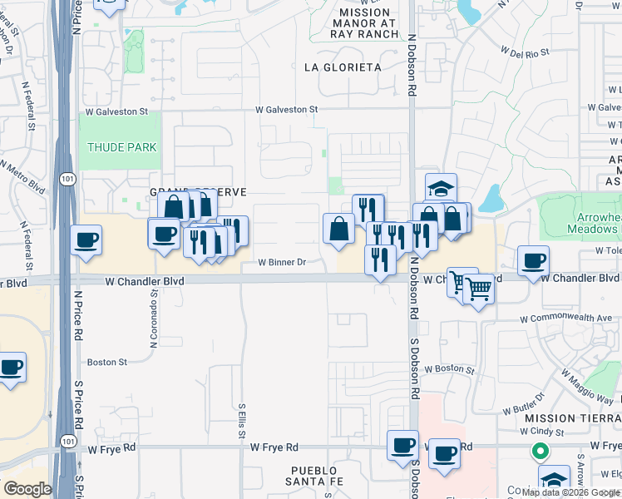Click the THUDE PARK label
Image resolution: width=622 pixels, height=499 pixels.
pos(122,147)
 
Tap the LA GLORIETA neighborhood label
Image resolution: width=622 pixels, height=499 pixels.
pos(343,67)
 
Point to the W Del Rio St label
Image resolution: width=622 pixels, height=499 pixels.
pos(525,52)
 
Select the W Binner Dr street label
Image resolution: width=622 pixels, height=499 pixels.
pos(282,262)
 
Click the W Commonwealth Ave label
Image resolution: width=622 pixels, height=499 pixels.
pos(565,319)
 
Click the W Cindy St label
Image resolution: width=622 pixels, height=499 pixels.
pos(542,432)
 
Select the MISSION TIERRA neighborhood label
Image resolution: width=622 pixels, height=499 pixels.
pos(575,418)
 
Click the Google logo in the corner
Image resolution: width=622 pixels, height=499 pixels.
pos(27,489)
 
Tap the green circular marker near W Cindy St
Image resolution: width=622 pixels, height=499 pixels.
pos(540,453)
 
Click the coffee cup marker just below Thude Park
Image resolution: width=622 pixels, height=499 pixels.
pos(86,241)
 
